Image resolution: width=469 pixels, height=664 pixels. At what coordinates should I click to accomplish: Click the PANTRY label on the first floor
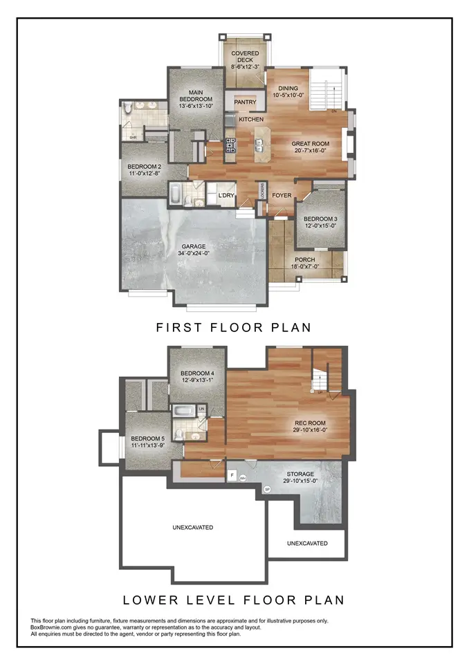(245, 102)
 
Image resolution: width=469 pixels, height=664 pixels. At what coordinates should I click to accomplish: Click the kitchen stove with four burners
(230, 146)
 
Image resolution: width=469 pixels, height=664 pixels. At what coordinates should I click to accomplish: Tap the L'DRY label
(227, 196)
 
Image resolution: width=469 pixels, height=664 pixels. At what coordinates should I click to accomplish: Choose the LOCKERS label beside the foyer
(263, 191)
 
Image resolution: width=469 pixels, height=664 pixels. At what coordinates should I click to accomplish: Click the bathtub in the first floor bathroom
(176, 194)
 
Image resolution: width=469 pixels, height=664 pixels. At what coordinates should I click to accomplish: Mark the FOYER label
(282, 196)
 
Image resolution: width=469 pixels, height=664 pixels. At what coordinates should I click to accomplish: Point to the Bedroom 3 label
(320, 218)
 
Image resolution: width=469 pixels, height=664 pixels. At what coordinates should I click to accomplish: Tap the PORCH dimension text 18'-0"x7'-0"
(304, 268)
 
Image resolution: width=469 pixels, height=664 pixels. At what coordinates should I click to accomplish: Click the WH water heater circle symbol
(243, 478)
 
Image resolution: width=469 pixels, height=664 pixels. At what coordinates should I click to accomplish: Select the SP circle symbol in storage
(267, 490)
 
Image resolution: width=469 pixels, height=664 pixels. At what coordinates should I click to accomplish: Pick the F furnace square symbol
(231, 476)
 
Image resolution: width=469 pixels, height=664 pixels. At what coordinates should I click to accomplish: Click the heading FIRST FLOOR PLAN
(233, 327)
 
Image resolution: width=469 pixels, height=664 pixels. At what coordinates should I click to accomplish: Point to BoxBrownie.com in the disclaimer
(54, 627)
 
